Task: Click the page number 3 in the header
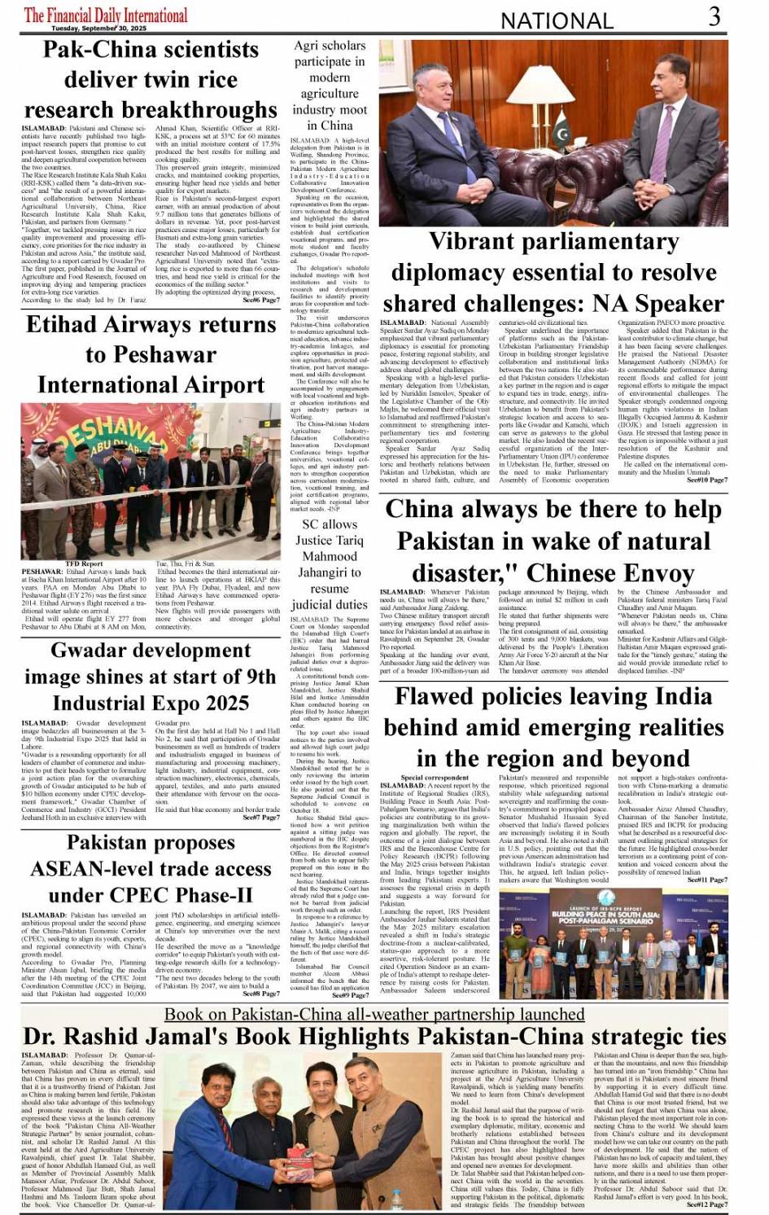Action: [714, 16]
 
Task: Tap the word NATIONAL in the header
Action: [557, 20]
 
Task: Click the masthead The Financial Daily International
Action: [106, 15]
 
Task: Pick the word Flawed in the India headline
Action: [439, 696]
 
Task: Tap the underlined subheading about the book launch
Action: [374, 1014]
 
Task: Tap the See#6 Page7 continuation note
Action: [261, 300]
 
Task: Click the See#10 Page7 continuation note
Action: [707, 480]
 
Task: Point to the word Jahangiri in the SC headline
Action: [330, 572]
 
